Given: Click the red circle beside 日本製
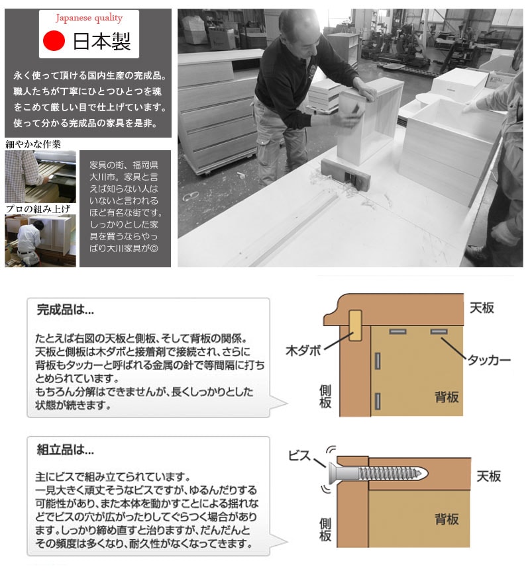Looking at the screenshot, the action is click(54, 40).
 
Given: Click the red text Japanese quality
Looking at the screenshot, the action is click(89, 18).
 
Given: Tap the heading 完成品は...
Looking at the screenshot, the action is click(65, 310).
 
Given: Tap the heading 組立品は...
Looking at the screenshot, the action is click(65, 449).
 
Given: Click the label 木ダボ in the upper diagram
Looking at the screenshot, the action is click(303, 351).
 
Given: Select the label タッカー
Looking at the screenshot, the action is click(490, 360).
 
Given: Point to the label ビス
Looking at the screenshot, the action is click(299, 455).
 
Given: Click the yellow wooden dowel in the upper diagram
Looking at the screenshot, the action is click(355, 326).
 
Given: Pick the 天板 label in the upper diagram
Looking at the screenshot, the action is click(482, 308).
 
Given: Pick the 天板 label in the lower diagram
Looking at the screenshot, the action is click(489, 476).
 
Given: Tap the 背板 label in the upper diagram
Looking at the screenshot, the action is click(447, 397).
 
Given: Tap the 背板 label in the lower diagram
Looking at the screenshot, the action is click(447, 519).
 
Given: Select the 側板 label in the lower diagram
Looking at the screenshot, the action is click(325, 530).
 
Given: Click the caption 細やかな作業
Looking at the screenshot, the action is click(33, 145).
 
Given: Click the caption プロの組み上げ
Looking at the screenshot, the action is click(38, 209).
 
